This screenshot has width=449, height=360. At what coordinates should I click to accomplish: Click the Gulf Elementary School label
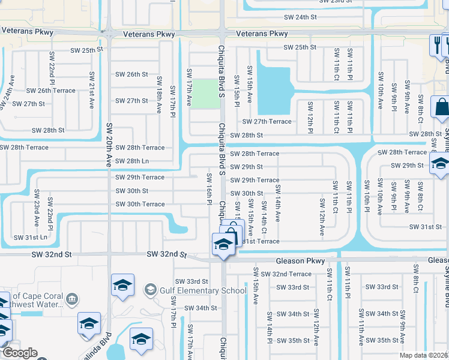pyautogui.click(x=202, y=291)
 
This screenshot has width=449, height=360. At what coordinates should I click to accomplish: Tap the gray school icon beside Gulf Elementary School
pyautogui.click(x=150, y=291)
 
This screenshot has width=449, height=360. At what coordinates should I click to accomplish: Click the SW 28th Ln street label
pyautogui.click(x=132, y=161)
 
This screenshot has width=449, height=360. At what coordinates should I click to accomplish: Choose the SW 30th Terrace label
pyautogui.click(x=140, y=204)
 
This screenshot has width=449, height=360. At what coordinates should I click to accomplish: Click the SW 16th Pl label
pyautogui.click(x=209, y=188)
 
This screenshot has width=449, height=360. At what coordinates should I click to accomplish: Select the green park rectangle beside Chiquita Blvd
pyautogui.click(x=206, y=94)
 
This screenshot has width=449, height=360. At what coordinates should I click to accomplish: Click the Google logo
pyautogui.click(x=20, y=353)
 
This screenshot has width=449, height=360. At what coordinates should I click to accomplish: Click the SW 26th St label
pyautogui.click(x=132, y=75)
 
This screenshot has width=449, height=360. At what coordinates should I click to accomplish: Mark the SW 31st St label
pyautogui.click(x=425, y=227)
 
